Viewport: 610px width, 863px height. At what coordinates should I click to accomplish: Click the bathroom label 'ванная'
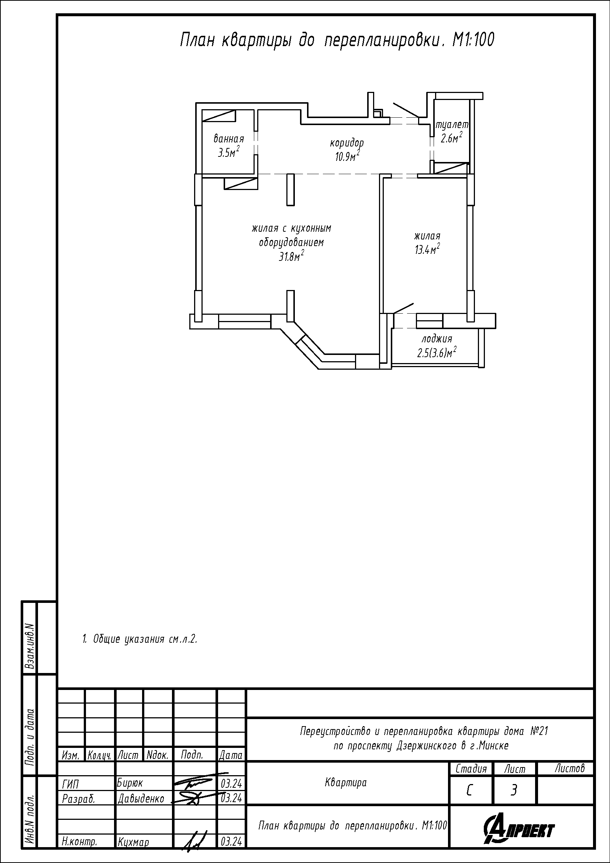pos(228,139)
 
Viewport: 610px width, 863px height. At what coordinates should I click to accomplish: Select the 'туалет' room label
pos(452,125)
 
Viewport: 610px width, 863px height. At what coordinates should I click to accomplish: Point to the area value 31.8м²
pos(291,257)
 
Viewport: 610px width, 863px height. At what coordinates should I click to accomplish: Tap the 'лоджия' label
pos(436,339)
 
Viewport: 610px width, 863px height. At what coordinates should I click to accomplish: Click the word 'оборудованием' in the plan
pos(291,243)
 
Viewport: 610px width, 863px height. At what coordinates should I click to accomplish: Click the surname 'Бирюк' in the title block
pos(130,782)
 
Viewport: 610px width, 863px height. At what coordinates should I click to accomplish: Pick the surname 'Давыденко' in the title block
pos(141,798)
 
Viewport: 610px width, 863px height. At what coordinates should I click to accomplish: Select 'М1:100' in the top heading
pos(473,40)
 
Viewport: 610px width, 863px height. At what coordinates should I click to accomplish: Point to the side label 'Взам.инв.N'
pos(30,646)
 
